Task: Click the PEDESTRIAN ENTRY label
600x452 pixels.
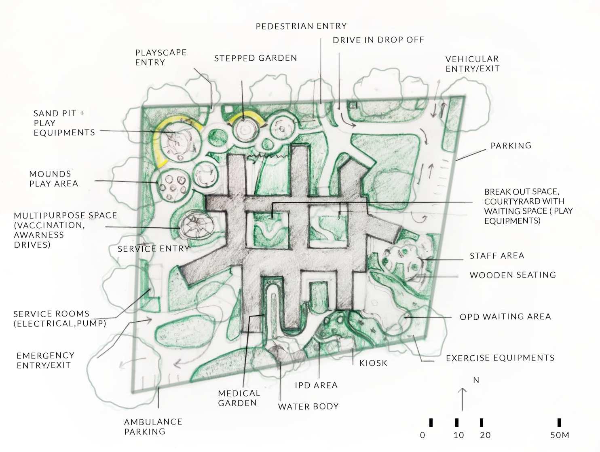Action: [301, 26]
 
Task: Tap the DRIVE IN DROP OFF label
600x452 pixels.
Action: [378, 40]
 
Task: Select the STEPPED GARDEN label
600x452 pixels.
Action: [256, 58]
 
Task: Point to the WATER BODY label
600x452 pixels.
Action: [308, 407]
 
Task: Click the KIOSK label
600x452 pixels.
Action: [373, 363]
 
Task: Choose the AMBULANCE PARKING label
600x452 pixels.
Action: [153, 427]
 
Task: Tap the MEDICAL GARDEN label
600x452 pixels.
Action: [239, 398]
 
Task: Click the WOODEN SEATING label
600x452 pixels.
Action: [513, 275]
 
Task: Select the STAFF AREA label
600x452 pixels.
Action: [497, 256]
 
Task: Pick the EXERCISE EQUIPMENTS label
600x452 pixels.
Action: [500, 358]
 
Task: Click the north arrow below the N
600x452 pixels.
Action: [463, 399]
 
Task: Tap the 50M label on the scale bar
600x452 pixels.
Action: [560, 435]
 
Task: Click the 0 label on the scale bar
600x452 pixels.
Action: [423, 435]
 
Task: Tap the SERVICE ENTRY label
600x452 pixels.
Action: [154, 249]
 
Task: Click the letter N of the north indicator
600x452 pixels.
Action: [476, 380]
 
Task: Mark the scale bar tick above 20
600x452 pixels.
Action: [481, 423]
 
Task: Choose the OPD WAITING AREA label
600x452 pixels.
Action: [505, 317]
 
